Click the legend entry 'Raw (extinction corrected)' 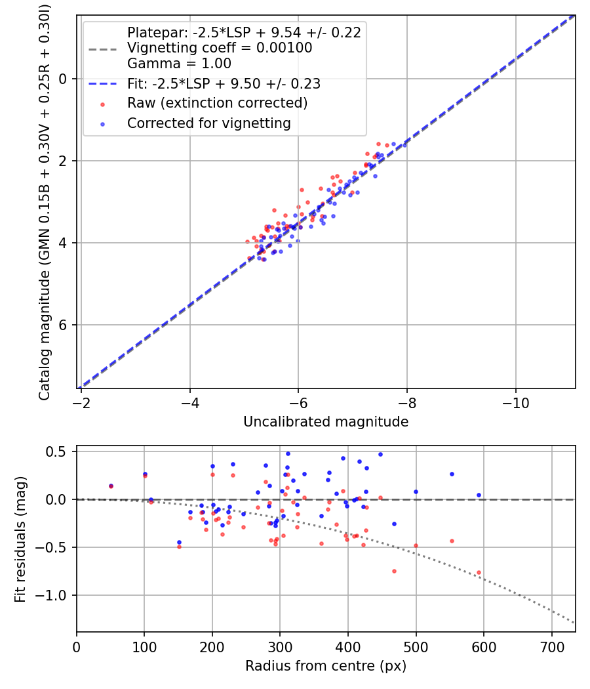217,103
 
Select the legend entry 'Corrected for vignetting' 208,123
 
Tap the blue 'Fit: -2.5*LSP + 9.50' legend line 103,84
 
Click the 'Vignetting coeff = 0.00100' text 220,48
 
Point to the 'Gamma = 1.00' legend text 179,64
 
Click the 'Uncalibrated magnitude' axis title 326,422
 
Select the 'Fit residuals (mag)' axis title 20,538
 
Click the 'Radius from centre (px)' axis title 326,666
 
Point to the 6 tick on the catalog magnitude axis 64,325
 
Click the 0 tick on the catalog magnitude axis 64,79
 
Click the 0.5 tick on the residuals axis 60,451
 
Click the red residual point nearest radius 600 479,572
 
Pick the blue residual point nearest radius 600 479,495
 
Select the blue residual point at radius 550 452,474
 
